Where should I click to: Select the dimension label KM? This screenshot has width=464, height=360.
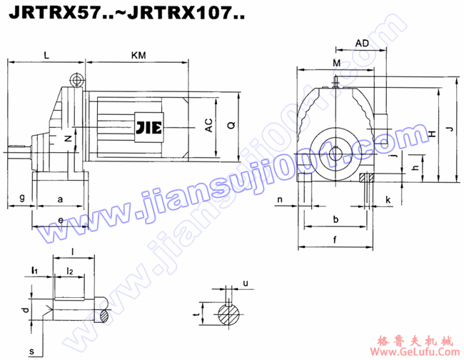(140, 54)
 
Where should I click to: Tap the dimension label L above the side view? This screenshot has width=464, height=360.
(46, 54)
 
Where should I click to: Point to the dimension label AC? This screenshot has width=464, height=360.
(208, 126)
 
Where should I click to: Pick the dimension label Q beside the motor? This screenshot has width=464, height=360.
(230, 125)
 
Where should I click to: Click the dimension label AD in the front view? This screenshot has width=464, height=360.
(362, 44)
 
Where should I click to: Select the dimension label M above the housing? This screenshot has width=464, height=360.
(336, 64)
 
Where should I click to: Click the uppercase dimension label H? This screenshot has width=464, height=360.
(432, 133)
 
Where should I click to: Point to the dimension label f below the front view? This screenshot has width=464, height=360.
(335, 239)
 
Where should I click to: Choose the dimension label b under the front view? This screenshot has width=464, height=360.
(335, 219)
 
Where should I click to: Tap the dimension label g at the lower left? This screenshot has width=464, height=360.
(22, 196)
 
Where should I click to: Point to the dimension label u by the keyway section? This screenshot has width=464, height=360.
(245, 284)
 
